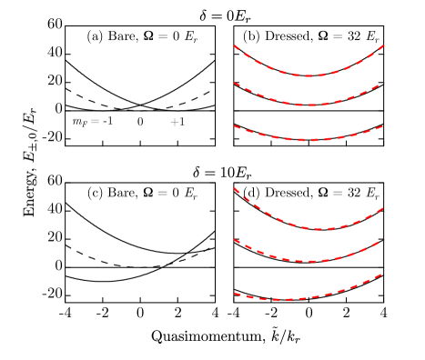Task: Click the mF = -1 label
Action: coord(92,122)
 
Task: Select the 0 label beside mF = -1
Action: coord(140,122)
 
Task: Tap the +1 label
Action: coord(177,122)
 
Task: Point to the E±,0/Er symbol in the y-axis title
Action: coord(30,133)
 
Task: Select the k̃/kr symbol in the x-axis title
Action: coord(278,335)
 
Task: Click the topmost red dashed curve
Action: coord(309,75)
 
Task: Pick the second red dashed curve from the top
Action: coord(309,105)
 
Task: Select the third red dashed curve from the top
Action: coord(309,140)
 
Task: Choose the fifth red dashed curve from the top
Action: coord(309,261)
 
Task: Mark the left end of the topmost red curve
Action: coord(235,45)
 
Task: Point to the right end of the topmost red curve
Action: coord(383,45)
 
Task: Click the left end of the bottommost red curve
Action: coord(235,294)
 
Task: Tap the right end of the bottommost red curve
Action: coord(382,272)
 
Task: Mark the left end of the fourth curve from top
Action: coord(235,188)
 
